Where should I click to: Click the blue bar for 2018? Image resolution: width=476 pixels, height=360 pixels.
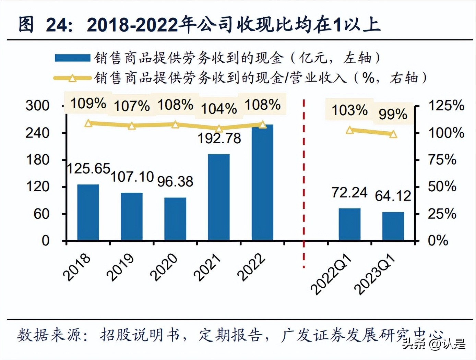click(x=88, y=212)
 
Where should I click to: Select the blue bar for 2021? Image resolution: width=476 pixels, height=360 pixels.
click(x=219, y=197)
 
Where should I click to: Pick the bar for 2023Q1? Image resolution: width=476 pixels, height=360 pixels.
click(x=393, y=226)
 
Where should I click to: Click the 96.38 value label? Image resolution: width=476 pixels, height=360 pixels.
click(x=175, y=182)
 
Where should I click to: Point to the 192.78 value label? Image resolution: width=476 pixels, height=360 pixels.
click(x=219, y=139)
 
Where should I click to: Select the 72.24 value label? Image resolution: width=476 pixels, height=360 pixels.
click(x=349, y=193)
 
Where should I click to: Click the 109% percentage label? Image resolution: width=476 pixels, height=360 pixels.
click(x=88, y=103)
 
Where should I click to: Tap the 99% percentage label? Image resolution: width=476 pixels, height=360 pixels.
click(x=393, y=114)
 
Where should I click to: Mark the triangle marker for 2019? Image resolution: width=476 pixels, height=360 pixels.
click(x=132, y=126)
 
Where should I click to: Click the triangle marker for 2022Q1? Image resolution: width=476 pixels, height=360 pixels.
click(x=349, y=130)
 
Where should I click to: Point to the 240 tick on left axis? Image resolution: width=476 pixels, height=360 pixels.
click(x=37, y=133)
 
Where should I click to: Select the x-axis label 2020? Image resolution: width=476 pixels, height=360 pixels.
click(x=164, y=267)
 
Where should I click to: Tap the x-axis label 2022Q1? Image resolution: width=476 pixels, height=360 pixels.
click(x=331, y=275)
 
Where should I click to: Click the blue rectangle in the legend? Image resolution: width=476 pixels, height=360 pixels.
click(x=72, y=58)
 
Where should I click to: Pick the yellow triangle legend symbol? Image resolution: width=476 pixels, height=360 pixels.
click(x=72, y=79)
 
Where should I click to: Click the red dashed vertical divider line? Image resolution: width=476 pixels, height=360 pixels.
click(x=304, y=182)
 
